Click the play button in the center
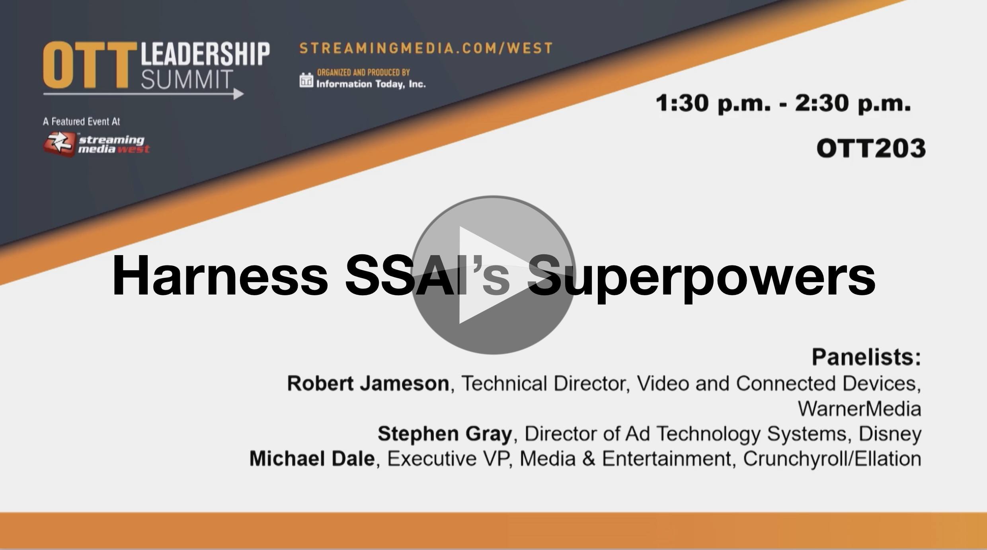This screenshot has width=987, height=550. tap(493, 275)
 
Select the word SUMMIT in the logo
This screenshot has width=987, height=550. tap(187, 79)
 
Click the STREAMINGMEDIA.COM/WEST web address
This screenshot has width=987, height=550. tap(426, 48)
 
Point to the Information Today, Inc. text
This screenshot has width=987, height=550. tap(371, 84)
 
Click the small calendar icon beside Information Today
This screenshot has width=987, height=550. tap(306, 80)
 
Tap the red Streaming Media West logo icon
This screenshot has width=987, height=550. tap(59, 144)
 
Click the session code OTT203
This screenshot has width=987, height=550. tap(871, 148)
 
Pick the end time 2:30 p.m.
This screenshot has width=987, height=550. tap(853, 103)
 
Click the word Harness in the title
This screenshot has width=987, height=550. tap(220, 276)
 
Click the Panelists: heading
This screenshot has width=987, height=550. tap(866, 357)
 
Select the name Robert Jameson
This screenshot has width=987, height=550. tap(368, 383)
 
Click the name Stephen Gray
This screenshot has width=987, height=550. tap(445, 433)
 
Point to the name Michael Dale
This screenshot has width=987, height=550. tap(312, 458)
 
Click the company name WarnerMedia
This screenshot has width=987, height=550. tap(860, 408)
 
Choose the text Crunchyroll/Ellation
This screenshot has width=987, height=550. tap(832, 459)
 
